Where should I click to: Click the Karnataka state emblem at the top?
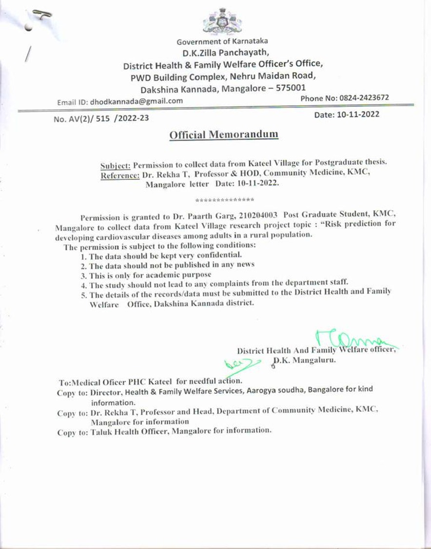point(222,20)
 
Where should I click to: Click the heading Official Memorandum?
point(224,135)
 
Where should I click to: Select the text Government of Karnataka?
point(222,42)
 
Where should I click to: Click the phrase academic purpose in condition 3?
point(185,274)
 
